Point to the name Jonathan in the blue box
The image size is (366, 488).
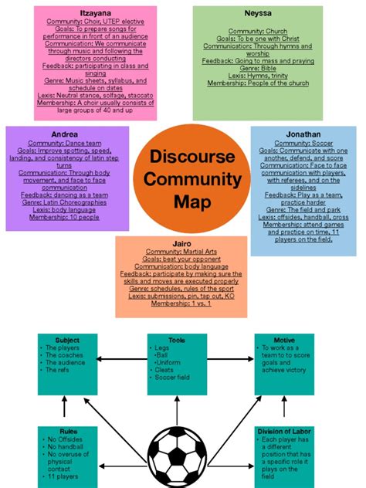[x=302, y=134]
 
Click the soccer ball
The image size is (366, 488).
[x=177, y=457]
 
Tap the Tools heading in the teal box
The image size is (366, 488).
[x=177, y=341]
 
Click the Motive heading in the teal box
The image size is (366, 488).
[x=283, y=341]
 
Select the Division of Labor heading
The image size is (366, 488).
[x=284, y=431]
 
